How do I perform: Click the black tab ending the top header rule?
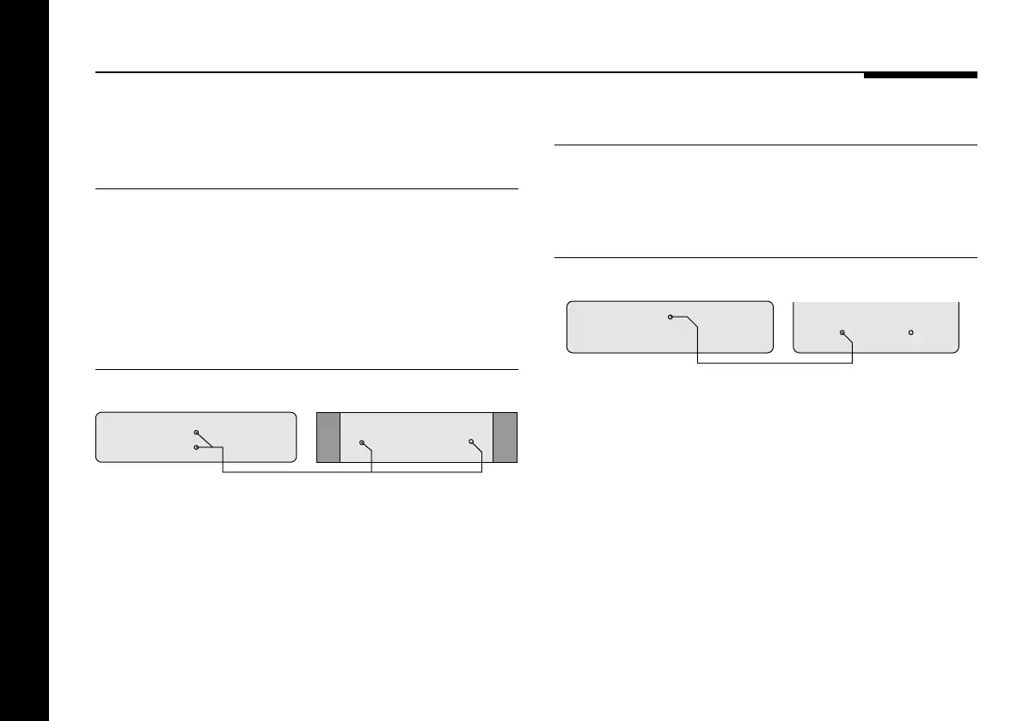coord(920,75)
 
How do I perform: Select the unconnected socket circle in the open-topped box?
coord(910,332)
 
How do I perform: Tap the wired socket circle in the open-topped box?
coord(842,332)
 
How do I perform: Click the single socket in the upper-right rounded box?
coord(671,317)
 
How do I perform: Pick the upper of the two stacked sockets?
coord(196,432)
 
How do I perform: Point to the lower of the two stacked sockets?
coord(196,447)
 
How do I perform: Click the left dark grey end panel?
coord(328,439)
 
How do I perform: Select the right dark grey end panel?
coord(505,439)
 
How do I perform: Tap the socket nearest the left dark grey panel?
coord(362,443)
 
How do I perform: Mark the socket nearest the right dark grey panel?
coord(471,442)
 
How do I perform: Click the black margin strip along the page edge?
coord(24,360)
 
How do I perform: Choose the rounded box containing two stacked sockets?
coord(129,438)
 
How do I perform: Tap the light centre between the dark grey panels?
coord(416,430)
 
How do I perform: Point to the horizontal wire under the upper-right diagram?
coord(774,363)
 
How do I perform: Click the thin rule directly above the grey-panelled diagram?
coord(307,370)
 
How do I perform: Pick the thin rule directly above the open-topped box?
coord(766,257)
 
